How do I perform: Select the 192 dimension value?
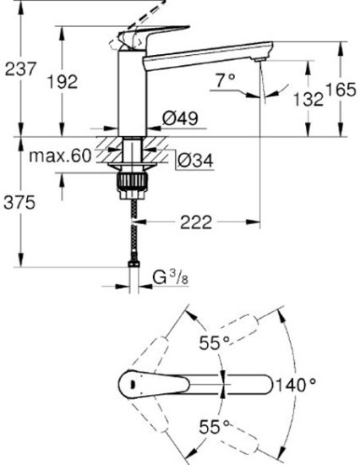83,81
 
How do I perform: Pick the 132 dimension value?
309,99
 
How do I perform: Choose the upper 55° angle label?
215,342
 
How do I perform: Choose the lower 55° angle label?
215,426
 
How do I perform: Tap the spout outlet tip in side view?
262,73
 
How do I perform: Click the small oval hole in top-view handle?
129,386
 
